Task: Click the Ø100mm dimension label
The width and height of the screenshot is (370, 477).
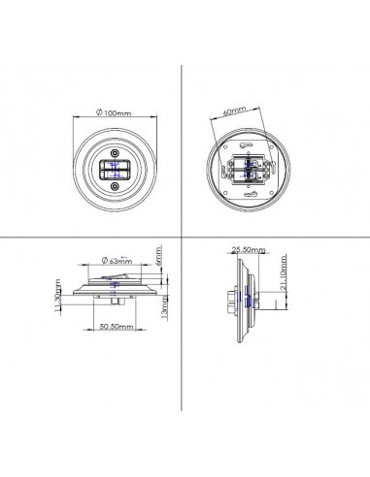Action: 113,114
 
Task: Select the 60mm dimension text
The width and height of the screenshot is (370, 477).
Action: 232,111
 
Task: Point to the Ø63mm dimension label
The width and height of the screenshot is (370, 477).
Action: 118,261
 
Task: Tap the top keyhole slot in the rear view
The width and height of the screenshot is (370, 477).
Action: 250,142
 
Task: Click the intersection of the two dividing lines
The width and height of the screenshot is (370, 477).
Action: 184,238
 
